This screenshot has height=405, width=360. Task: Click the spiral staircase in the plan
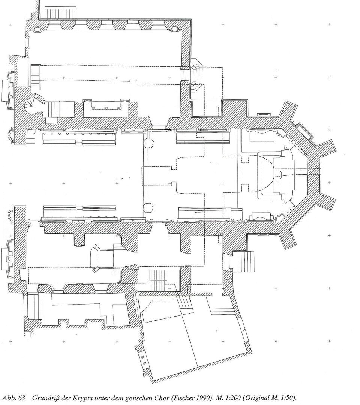pos(33,105)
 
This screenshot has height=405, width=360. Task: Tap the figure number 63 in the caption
pos(21,397)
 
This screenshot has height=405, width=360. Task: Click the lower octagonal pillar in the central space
pos(148,207)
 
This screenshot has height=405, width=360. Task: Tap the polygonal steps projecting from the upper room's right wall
pos(195,75)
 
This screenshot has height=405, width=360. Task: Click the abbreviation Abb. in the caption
pos(9,397)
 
